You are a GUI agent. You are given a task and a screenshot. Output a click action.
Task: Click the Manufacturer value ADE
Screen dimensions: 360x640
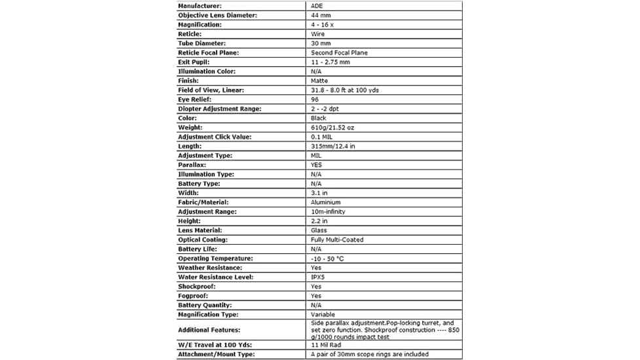tap(316, 6)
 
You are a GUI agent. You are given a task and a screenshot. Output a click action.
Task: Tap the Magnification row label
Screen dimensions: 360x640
tap(200, 25)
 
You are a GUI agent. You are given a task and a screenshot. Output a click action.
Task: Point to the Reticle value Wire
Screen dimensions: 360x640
tap(318, 34)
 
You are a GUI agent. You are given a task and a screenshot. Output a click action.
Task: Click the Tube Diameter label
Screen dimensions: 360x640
tap(202, 43)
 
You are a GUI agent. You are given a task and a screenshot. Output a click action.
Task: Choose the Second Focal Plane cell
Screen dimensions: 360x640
tap(339, 52)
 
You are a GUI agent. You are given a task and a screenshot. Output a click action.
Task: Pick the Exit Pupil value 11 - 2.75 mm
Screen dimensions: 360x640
tap(330, 62)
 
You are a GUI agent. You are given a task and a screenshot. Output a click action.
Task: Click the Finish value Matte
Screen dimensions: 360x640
tap(319, 81)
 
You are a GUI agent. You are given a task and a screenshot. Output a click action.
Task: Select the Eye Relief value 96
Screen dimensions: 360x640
tap(315, 99)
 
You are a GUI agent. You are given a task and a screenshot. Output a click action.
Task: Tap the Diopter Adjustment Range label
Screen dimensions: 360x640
tap(219, 109)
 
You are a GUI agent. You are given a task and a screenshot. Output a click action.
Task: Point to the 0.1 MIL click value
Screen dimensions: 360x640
tap(323, 137)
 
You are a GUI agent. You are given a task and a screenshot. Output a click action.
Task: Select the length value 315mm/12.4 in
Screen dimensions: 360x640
tap(333, 146)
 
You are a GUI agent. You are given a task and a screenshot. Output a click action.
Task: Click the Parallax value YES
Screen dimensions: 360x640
tap(317, 165)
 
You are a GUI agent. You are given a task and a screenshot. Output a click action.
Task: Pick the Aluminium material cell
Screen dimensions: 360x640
tap(326, 202)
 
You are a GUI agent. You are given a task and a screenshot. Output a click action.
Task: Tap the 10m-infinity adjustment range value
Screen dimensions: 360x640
tap(328, 211)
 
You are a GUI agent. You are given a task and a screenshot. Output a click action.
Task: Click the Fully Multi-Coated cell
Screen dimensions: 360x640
tap(337, 240)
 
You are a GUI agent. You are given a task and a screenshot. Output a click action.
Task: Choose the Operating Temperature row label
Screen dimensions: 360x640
tap(215, 259)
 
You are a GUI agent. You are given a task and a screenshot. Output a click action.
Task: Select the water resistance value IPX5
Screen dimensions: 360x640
tap(318, 277)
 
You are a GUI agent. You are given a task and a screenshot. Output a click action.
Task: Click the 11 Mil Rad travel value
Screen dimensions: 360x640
tap(327, 345)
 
